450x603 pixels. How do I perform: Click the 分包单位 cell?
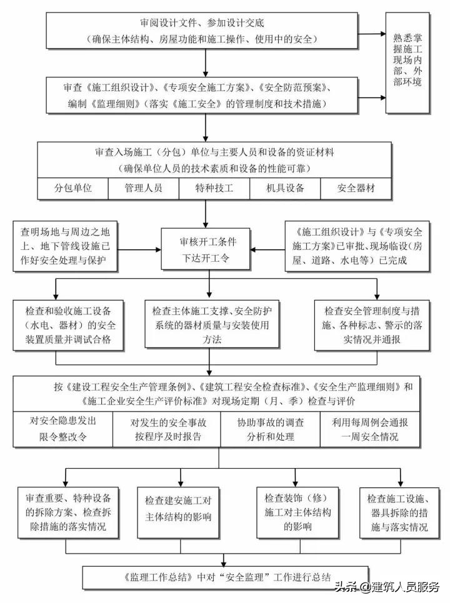[73, 188]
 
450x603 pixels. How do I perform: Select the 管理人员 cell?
[144, 188]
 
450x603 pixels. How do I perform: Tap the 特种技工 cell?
[214, 188]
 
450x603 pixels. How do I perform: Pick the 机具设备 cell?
[285, 188]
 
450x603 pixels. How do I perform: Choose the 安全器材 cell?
[356, 188]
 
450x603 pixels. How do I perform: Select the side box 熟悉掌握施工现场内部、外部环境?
[408, 63]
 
